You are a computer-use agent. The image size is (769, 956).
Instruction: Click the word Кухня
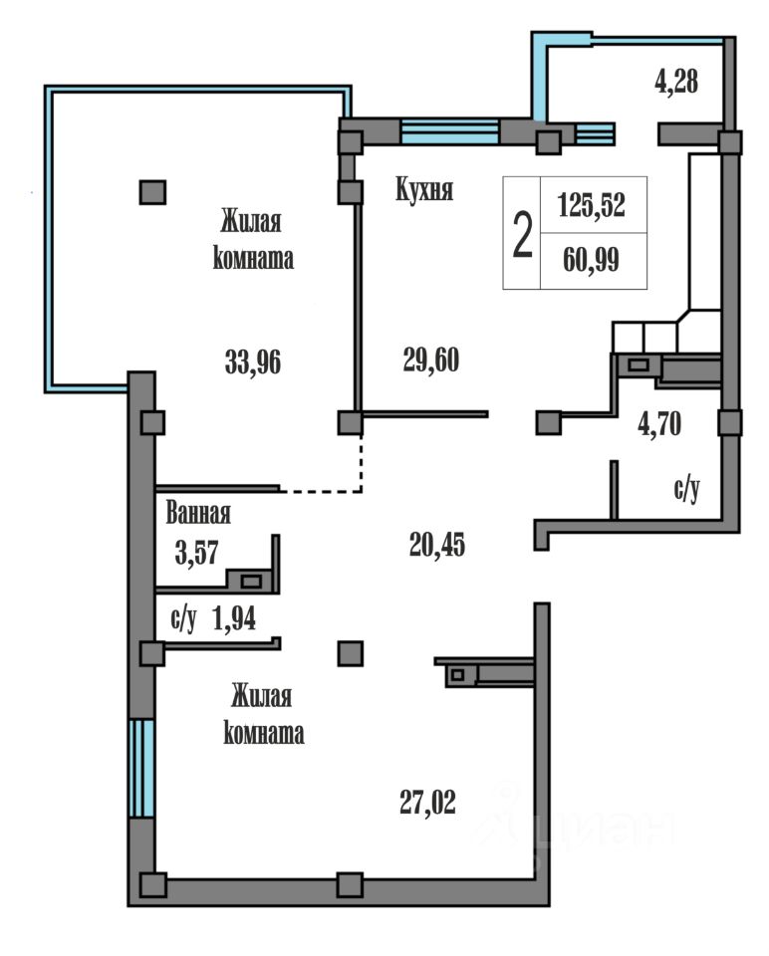point(424,189)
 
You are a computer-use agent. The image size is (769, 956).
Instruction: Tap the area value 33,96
point(253,362)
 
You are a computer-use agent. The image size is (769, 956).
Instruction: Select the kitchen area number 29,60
point(431,359)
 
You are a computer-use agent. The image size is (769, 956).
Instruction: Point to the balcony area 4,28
point(676,82)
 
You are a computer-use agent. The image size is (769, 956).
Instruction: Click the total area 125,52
point(592,205)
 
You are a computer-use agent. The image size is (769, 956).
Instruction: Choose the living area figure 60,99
point(591,260)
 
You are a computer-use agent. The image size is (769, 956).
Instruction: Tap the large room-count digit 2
point(522,235)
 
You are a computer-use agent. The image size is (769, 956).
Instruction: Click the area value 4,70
point(659,424)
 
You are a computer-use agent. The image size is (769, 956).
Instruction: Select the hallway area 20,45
point(436,545)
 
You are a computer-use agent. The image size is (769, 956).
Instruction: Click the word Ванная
point(198,514)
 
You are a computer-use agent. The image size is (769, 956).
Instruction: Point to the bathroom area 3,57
point(196,554)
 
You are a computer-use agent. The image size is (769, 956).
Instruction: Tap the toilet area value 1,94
point(234,619)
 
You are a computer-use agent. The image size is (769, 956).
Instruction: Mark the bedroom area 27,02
point(427,803)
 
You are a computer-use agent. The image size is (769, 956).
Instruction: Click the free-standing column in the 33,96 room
point(152,192)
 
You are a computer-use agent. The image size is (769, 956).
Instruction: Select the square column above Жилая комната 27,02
point(351,653)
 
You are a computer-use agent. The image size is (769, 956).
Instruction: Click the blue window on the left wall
point(141,767)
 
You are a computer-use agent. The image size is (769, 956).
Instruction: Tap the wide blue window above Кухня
point(450,131)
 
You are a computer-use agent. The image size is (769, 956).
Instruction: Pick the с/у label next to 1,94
point(183,619)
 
